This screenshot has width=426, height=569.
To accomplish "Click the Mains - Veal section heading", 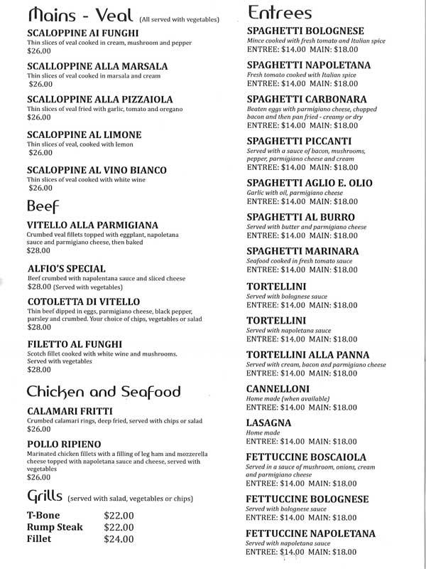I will coord(78,16).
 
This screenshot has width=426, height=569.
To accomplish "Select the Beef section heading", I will coord(43,206).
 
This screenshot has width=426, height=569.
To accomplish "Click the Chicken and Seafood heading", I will coord(103,392).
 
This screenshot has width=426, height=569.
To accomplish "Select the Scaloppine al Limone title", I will coord(84,134).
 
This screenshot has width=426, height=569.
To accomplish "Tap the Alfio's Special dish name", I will coord(66,269).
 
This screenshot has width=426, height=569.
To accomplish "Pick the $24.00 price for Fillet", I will coord(119,538).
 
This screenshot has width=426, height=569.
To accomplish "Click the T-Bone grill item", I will coord(44,515).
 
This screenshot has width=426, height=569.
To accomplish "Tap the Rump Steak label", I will coord(55,527).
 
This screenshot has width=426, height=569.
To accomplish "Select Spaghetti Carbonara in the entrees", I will coord(307,97).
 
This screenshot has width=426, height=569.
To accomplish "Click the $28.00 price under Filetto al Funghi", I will coord(39,370).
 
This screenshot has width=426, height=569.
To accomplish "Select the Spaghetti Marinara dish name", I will coord(302,252).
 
